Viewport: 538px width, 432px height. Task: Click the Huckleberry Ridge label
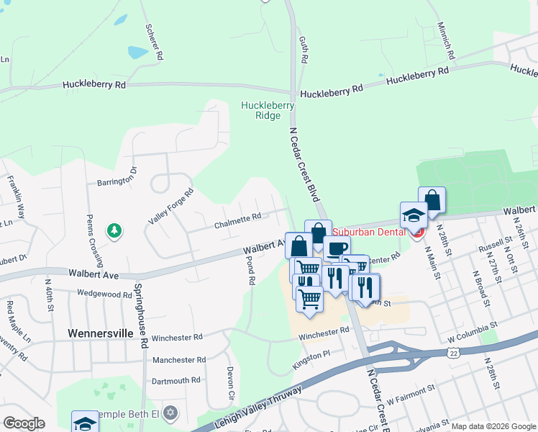(x=268, y=110)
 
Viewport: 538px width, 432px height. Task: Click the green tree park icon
(x=113, y=230)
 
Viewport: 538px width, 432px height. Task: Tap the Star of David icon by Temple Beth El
(x=170, y=413)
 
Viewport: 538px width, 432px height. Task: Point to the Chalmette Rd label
(x=237, y=220)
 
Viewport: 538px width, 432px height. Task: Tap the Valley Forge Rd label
(x=170, y=206)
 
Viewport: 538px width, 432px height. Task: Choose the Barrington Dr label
(x=117, y=177)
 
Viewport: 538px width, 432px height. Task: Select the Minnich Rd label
(x=446, y=40)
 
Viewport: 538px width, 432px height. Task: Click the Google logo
(x=24, y=423)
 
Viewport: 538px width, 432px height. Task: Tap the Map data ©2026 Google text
(x=493, y=426)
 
